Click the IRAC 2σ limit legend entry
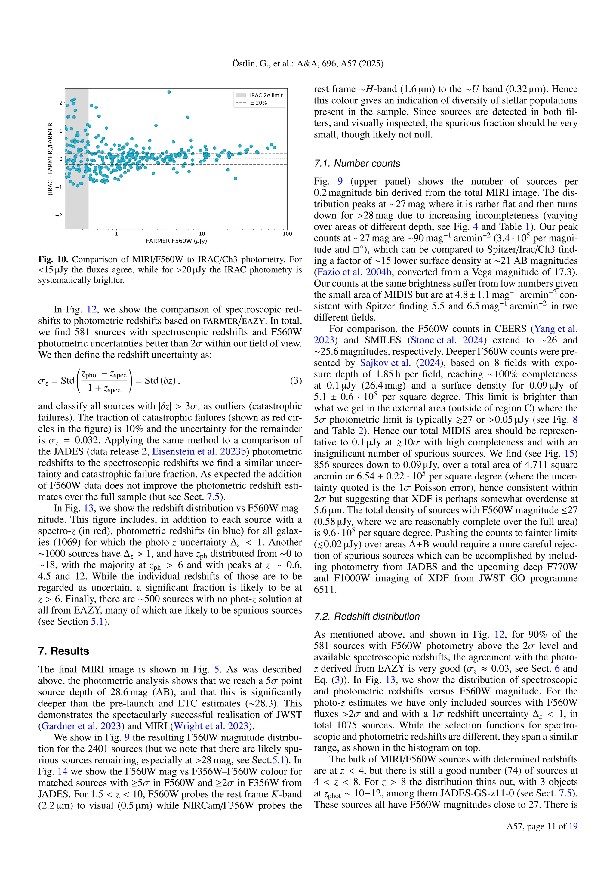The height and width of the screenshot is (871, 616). (x=266, y=95)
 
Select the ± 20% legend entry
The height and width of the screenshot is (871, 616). (x=258, y=103)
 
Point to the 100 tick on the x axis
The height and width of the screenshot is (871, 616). (x=287, y=234)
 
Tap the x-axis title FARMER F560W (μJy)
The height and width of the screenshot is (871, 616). (x=176, y=241)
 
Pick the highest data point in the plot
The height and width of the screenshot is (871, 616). (x=169, y=92)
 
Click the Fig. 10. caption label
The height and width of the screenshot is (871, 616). (x=53, y=260)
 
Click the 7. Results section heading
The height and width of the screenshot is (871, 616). (x=63, y=651)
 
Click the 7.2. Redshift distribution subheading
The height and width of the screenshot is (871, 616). (x=367, y=617)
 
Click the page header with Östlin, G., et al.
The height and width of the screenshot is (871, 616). (x=308, y=63)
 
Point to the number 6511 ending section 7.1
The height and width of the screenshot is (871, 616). (x=325, y=589)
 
